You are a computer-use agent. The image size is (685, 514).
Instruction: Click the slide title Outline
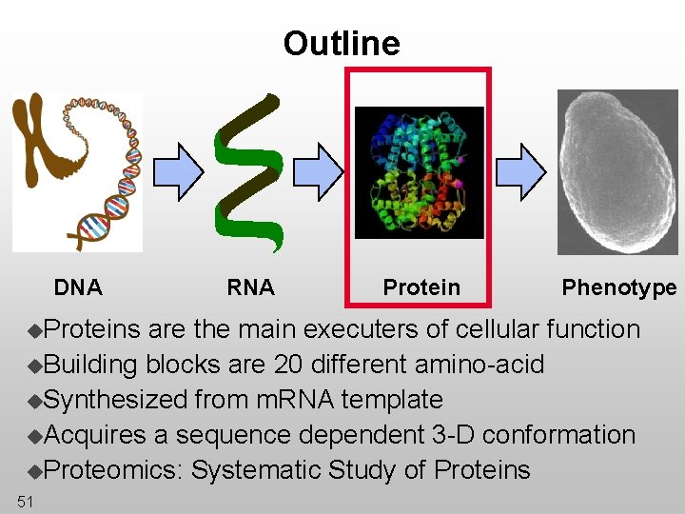342,44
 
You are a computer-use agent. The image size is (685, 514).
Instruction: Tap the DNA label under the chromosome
78,287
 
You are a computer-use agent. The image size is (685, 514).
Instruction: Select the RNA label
250,287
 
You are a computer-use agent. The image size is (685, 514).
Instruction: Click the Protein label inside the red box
421,287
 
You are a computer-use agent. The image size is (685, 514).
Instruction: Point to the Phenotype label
618,287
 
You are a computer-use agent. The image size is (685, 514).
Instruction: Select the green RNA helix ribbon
249,171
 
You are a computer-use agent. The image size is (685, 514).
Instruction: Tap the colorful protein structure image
419,171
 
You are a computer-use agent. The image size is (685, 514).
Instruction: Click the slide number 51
25,502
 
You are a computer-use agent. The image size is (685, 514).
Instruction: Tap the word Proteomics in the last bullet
114,470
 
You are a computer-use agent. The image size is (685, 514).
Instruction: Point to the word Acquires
95,435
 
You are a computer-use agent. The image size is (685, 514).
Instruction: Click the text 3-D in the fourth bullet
452,435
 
